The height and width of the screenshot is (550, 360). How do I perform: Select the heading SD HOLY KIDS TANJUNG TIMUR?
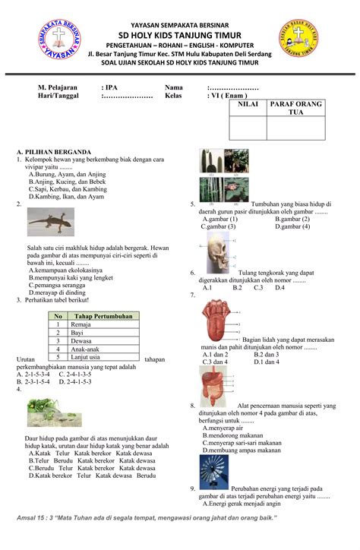click(180, 34)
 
